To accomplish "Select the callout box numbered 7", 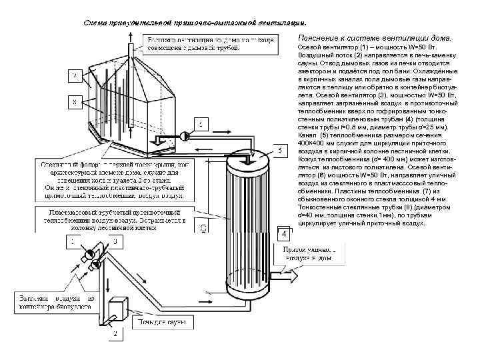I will point(75,77).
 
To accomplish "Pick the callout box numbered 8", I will point(75,102).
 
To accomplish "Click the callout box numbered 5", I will point(282,152).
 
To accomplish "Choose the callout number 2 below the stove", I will point(115,333).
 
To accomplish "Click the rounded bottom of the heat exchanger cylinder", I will point(250,293).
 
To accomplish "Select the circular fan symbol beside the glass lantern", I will point(180,138).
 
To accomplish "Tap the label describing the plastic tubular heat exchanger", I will point(113,219).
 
